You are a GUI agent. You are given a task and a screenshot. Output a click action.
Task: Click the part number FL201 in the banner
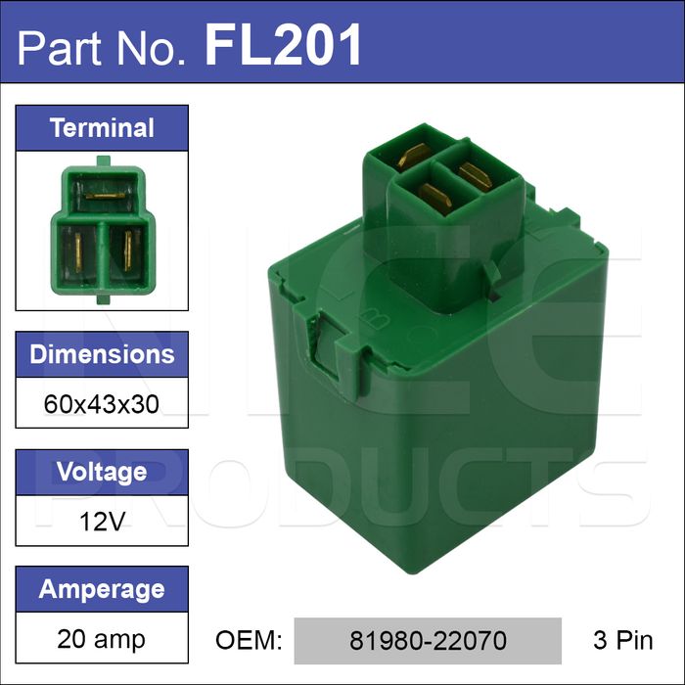pyautogui.click(x=283, y=45)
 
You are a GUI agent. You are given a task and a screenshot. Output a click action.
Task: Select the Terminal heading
pyautogui.click(x=102, y=128)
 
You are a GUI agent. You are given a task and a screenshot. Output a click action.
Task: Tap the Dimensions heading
pyautogui.click(x=102, y=354)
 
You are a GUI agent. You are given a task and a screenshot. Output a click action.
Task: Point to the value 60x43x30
pyautogui.click(x=102, y=404)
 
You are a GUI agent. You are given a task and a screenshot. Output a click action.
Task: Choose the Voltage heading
pyautogui.click(x=102, y=472)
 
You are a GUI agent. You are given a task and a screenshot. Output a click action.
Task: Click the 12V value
pyautogui.click(x=102, y=522)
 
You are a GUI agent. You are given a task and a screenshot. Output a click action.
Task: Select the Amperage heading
pyautogui.click(x=102, y=589)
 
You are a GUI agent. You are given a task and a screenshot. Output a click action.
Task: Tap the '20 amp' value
pyautogui.click(x=101, y=639)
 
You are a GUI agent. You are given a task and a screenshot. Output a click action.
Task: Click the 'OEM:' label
pyautogui.click(x=249, y=640)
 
